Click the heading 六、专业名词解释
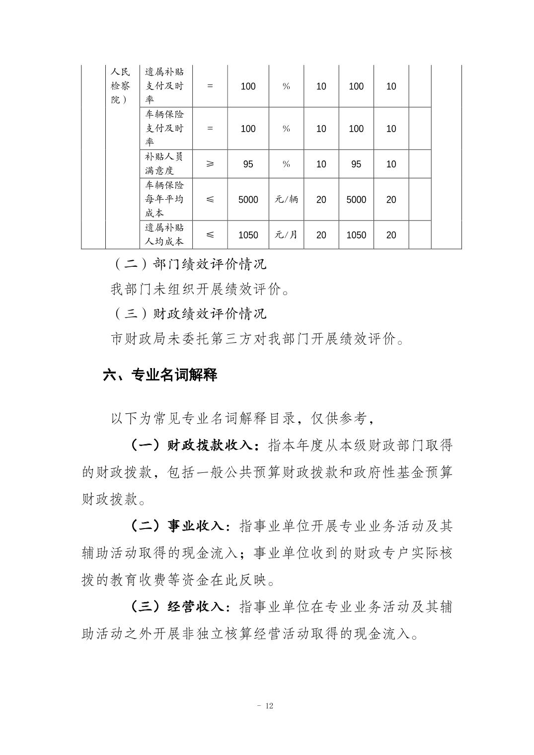(160, 375)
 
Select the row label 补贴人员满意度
(164, 163)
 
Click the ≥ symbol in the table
(210, 164)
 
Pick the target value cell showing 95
(248, 164)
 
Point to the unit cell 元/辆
(286, 200)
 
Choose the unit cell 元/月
(286, 235)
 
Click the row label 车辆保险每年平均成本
(164, 199)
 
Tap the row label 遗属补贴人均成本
(164, 235)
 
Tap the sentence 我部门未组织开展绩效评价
(200, 289)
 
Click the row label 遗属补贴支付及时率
(164, 85)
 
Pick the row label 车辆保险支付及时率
(164, 128)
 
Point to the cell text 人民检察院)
(120, 85)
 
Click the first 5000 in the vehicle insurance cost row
(248, 200)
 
